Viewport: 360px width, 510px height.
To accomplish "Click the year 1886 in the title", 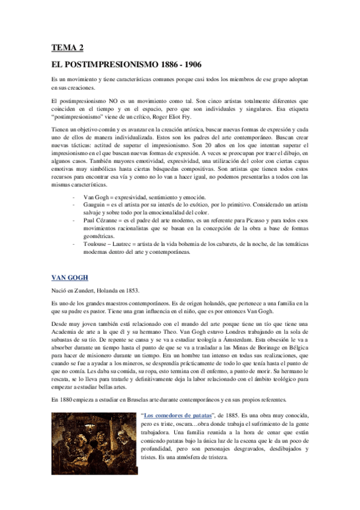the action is (169, 63).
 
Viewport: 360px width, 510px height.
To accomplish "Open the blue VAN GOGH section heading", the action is (70, 277).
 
